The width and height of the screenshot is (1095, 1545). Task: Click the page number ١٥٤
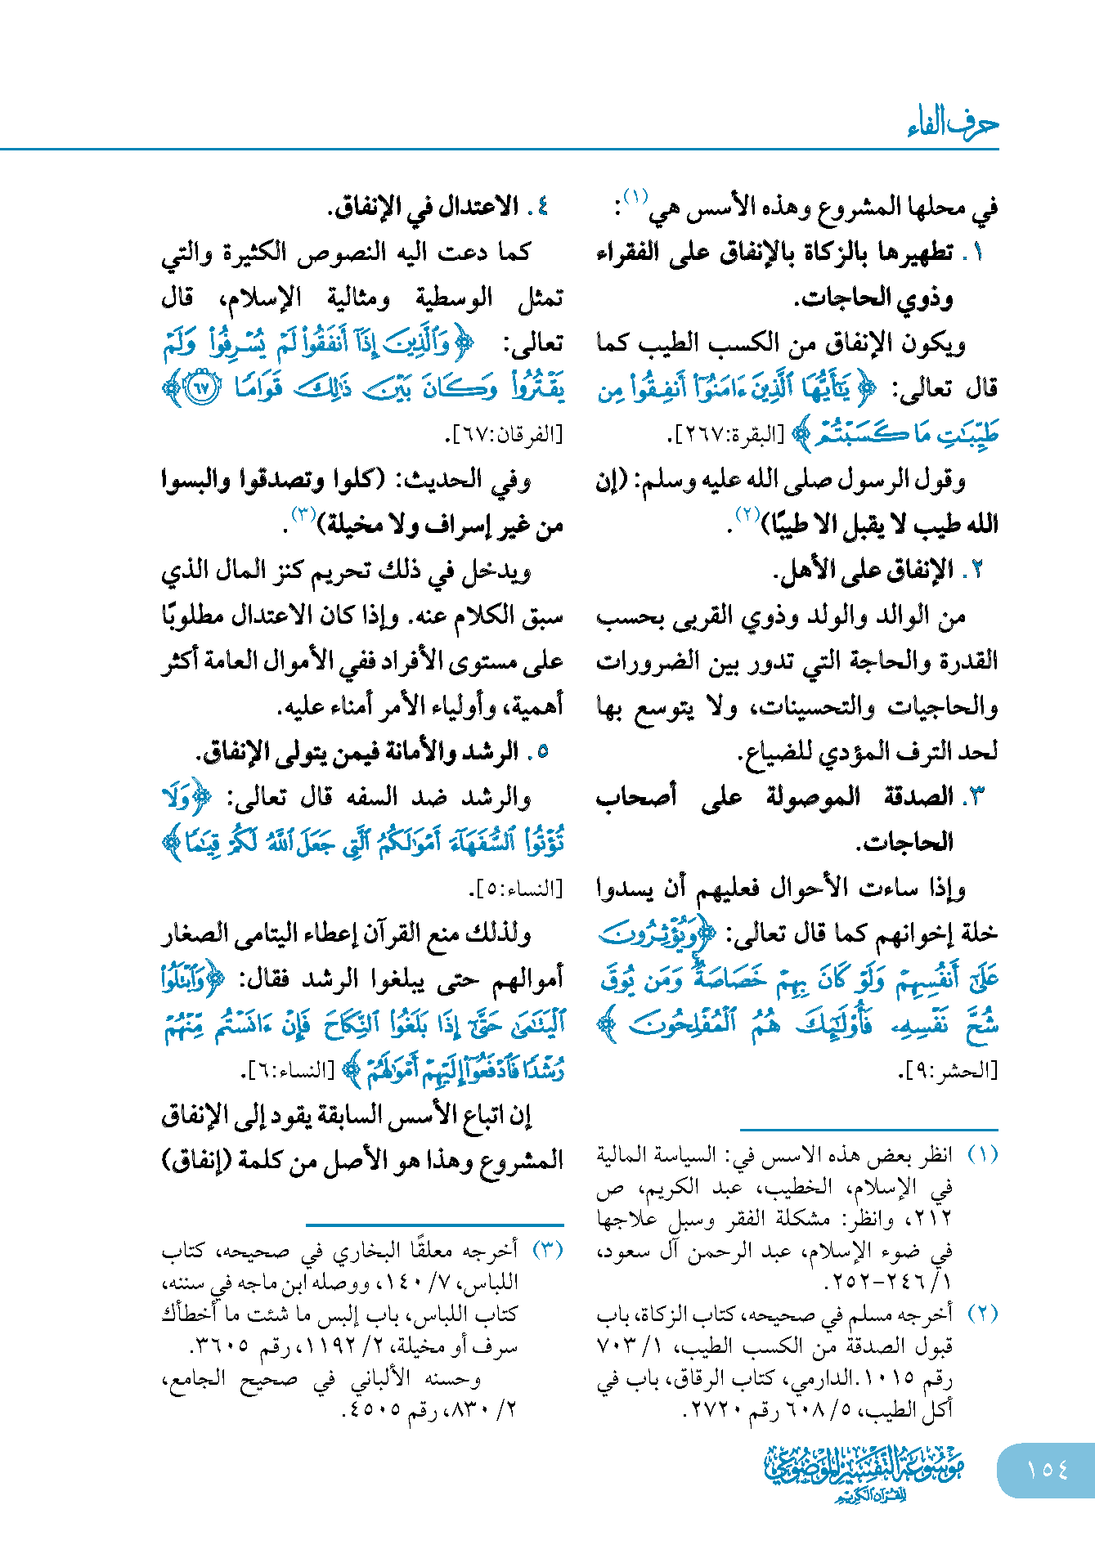click(1047, 1469)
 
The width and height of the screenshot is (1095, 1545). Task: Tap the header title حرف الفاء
click(953, 124)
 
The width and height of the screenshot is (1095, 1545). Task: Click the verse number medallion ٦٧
click(201, 387)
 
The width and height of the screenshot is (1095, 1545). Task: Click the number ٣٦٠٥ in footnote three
click(218, 1346)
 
